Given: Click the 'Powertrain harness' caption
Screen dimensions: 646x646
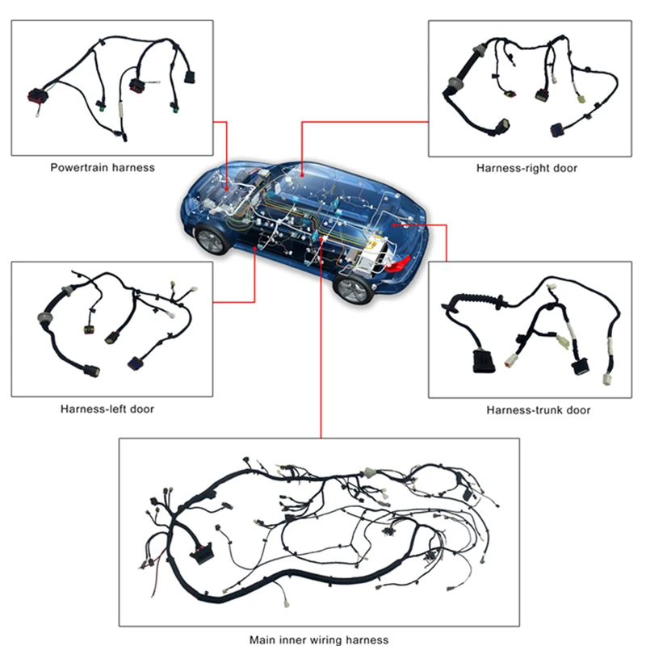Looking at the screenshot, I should click(103, 168).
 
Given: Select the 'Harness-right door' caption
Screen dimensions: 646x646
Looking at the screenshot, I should click(526, 168).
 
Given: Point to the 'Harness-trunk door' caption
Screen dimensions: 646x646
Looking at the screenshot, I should click(538, 410).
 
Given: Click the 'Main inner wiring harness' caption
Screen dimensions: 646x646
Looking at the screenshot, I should click(319, 640).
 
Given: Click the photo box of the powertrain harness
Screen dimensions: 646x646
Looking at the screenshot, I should click(112, 87).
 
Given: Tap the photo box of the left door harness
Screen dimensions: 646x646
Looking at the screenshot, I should click(112, 328).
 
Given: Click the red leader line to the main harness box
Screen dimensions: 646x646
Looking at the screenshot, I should click(321, 363).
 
